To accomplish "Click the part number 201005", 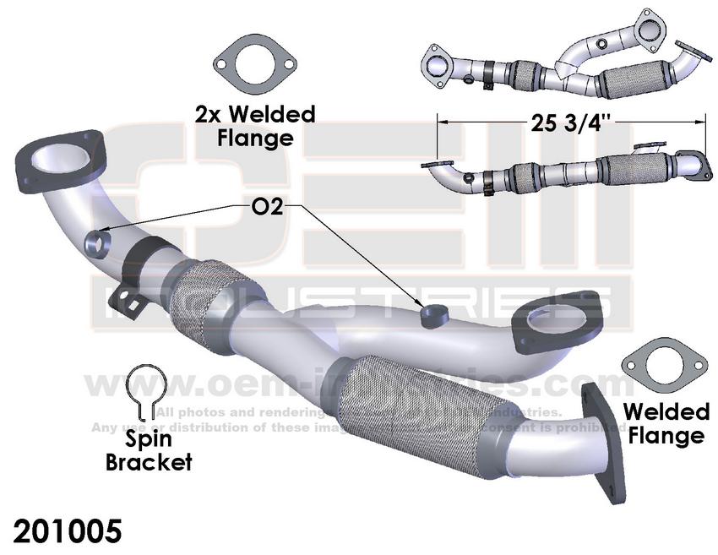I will click(68, 531).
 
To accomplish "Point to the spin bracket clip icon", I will click(144, 392).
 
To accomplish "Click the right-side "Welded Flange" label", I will click(666, 424).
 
